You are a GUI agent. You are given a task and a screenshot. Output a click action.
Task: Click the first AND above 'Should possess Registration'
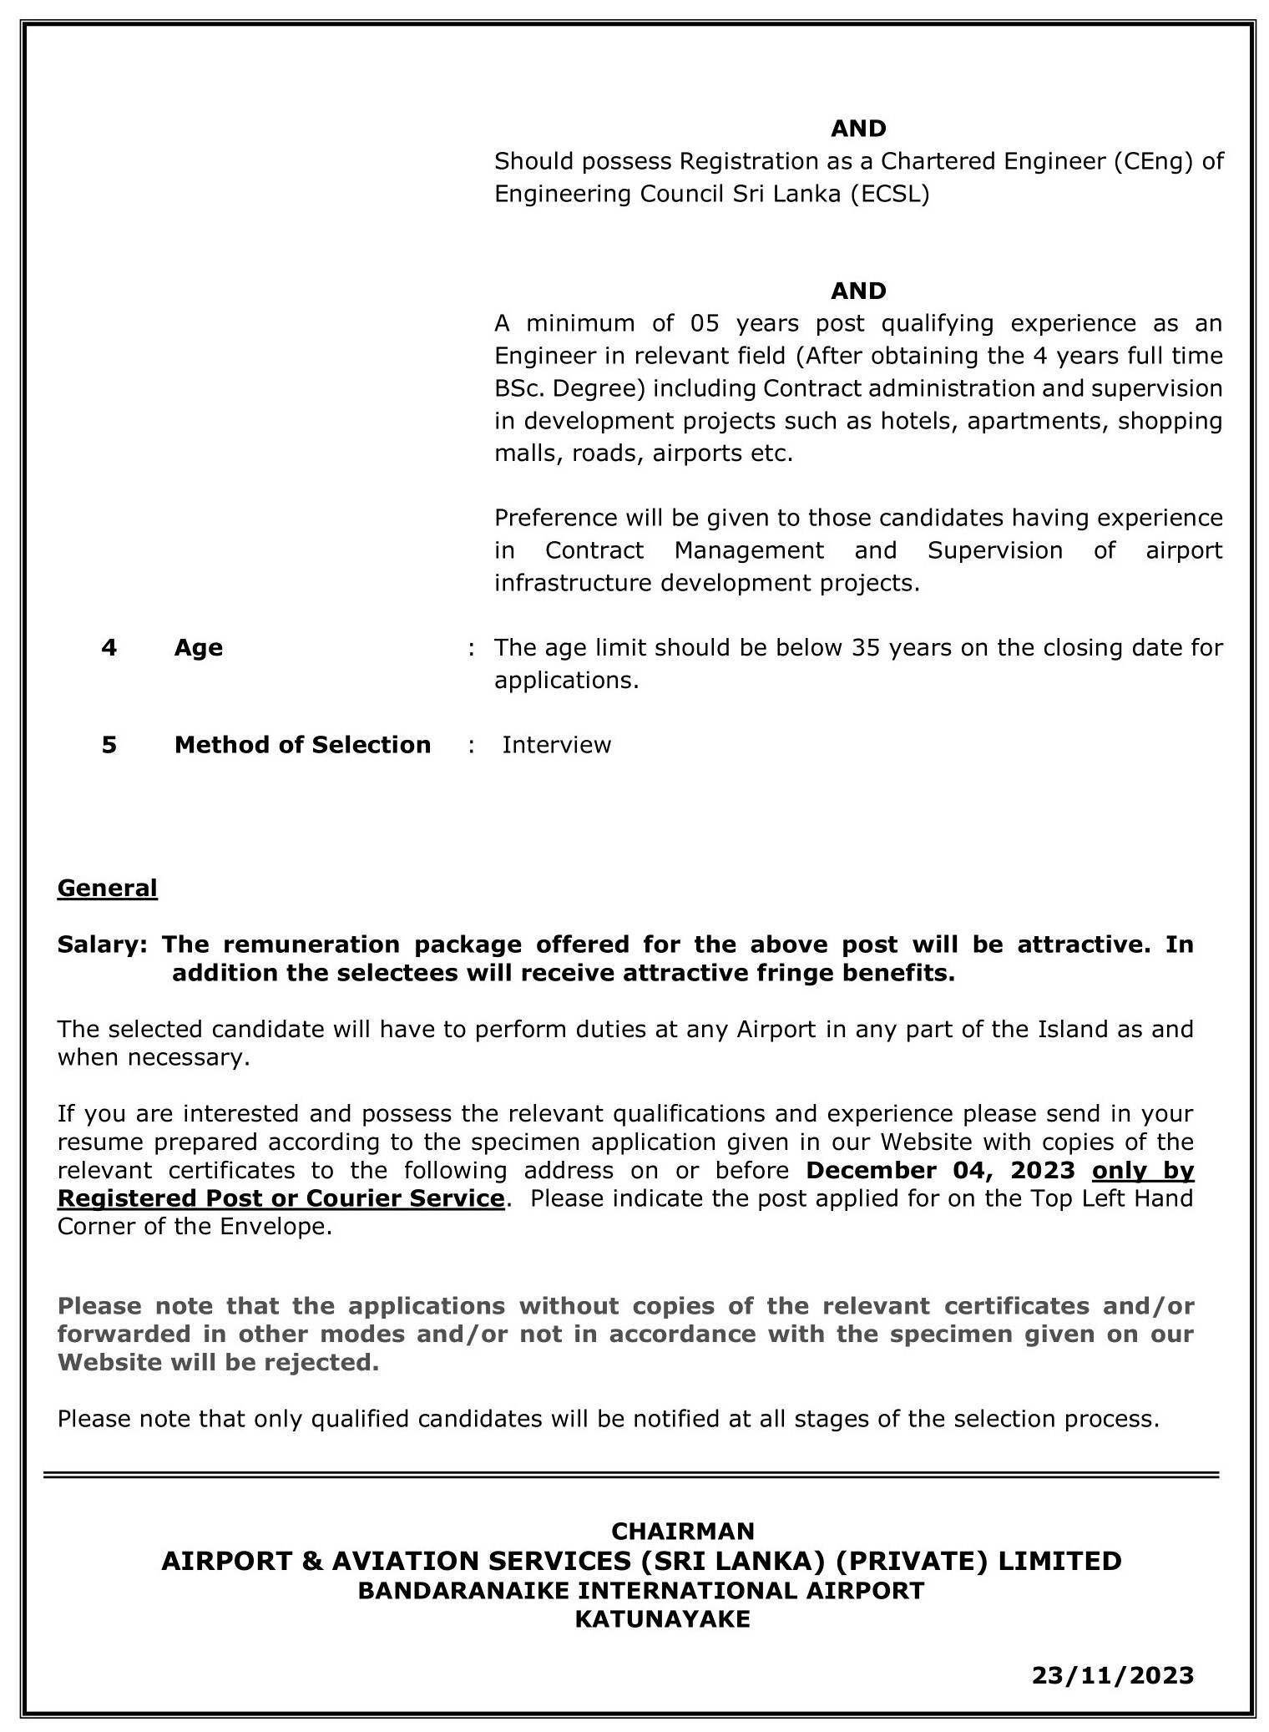pos(857,129)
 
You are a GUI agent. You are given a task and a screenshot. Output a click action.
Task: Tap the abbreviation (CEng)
pos(1152,161)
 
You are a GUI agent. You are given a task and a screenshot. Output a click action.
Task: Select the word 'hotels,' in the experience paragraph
pos(921,421)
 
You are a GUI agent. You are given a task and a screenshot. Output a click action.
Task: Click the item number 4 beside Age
pos(109,648)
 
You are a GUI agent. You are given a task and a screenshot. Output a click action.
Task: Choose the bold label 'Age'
pos(198,648)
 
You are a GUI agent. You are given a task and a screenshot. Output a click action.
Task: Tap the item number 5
pos(109,745)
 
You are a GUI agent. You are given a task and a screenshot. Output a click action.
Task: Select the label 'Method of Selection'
pos(302,745)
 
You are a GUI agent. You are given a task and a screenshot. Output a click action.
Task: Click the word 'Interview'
pos(556,745)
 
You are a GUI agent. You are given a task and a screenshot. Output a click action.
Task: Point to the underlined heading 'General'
pos(107,888)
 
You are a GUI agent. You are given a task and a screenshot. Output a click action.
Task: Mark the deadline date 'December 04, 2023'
pos(940,1171)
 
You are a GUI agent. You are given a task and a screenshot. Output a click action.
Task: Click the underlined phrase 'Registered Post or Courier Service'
pos(281,1199)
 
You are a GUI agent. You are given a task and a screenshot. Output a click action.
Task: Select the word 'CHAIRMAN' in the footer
pos(682,1532)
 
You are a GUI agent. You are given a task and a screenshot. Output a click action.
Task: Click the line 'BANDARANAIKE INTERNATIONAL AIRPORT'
pos(640,1591)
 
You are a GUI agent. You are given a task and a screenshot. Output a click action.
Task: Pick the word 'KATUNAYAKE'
pos(662,1620)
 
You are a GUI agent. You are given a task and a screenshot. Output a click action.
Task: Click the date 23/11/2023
pos(1112,1676)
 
